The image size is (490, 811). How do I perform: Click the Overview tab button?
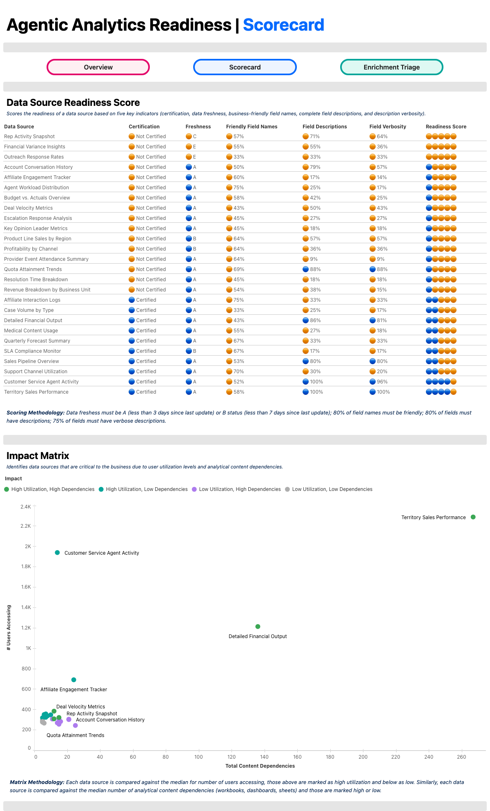coord(98,67)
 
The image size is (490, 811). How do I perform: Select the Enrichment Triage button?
coord(392,67)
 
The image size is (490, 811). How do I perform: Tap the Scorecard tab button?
coord(245,67)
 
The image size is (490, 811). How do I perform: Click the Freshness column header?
coord(198,127)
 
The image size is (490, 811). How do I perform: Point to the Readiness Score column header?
coord(446,127)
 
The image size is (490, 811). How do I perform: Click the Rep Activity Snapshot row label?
coord(29,137)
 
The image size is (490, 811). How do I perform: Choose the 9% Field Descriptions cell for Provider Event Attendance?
coord(310,259)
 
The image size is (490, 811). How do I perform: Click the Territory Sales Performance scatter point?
coord(473,517)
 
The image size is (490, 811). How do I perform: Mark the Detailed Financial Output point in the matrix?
coord(258,627)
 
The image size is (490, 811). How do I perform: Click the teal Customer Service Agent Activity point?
coord(57,553)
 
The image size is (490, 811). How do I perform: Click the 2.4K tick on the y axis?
coord(26,507)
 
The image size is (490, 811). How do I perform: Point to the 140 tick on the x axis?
coord(264,757)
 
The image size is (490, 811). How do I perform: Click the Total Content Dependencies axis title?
coord(260,766)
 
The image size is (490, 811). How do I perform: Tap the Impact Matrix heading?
coord(38,456)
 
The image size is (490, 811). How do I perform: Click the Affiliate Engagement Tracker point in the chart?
coord(74,680)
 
